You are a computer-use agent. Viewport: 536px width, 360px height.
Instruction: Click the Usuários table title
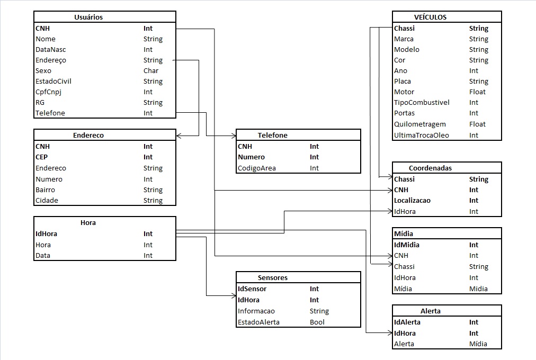pyautogui.click(x=88, y=17)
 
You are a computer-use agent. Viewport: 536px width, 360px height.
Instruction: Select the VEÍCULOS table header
pyautogui.click(x=430, y=17)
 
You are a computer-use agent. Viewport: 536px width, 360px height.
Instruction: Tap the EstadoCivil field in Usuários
pyautogui.click(x=53, y=81)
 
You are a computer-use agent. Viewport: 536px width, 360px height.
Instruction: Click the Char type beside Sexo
pyautogui.click(x=151, y=70)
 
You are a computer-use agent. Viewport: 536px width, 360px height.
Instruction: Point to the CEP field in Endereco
pyautogui.click(x=42, y=157)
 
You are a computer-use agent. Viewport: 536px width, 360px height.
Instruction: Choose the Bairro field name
pyautogui.click(x=46, y=190)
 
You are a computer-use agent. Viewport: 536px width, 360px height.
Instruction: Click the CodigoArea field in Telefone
pyautogui.click(x=257, y=168)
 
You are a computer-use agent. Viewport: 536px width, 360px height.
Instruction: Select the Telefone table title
pyautogui.click(x=273, y=135)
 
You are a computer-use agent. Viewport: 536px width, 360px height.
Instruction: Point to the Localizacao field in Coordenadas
pyautogui.click(x=413, y=200)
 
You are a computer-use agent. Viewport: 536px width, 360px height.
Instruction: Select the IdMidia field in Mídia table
pyautogui.click(x=407, y=245)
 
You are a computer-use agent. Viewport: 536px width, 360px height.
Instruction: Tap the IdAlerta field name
pyautogui.click(x=407, y=322)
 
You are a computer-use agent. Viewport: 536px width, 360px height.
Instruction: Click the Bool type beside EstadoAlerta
pyautogui.click(x=317, y=322)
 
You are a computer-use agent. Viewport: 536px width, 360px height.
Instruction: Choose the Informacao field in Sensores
pyautogui.click(x=256, y=311)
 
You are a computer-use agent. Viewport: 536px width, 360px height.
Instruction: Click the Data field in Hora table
pyautogui.click(x=43, y=255)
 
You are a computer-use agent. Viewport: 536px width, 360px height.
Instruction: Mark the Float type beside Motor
pyautogui.click(x=477, y=92)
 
